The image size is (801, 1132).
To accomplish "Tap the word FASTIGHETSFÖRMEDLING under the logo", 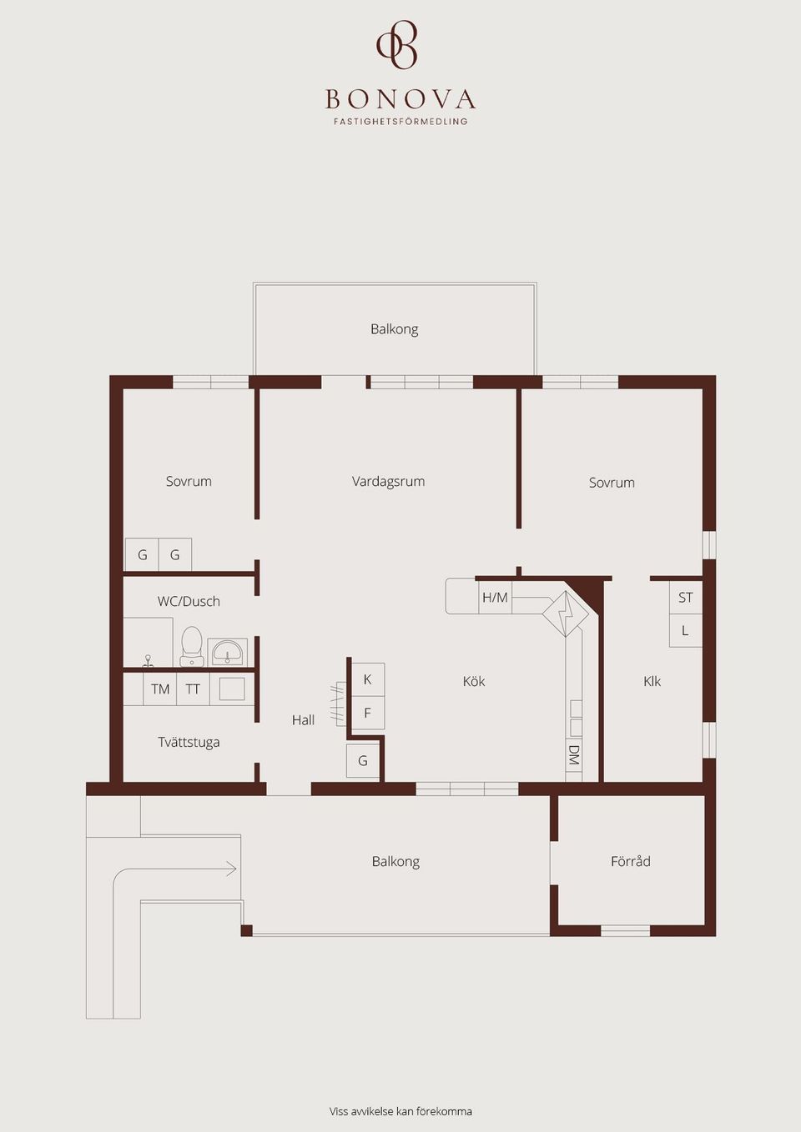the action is click(x=400, y=122).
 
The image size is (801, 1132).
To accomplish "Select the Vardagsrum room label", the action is click(x=388, y=481).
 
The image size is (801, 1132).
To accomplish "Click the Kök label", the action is click(x=474, y=681).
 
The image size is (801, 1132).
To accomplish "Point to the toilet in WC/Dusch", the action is click(x=192, y=646).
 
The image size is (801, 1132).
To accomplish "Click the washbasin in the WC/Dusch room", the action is click(x=228, y=651).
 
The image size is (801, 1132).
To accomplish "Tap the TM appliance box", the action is click(x=160, y=689).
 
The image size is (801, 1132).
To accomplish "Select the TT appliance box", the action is click(x=193, y=689).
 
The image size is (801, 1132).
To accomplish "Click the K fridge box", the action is click(x=368, y=679).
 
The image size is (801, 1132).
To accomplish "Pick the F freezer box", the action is click(x=368, y=713).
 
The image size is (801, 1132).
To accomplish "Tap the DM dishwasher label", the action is click(x=573, y=754).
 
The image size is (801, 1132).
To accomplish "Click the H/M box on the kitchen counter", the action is click(x=495, y=598).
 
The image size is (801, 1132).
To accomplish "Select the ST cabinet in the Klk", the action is click(x=686, y=598).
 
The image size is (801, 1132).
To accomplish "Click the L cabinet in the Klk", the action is click(x=686, y=631).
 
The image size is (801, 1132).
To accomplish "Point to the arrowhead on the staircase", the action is click(x=232, y=869).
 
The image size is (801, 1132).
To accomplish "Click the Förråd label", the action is click(x=631, y=861).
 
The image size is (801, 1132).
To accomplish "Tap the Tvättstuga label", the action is click(x=189, y=743).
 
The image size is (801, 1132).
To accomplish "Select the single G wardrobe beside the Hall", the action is click(x=363, y=760).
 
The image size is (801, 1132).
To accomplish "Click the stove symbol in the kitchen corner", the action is click(x=566, y=614).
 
